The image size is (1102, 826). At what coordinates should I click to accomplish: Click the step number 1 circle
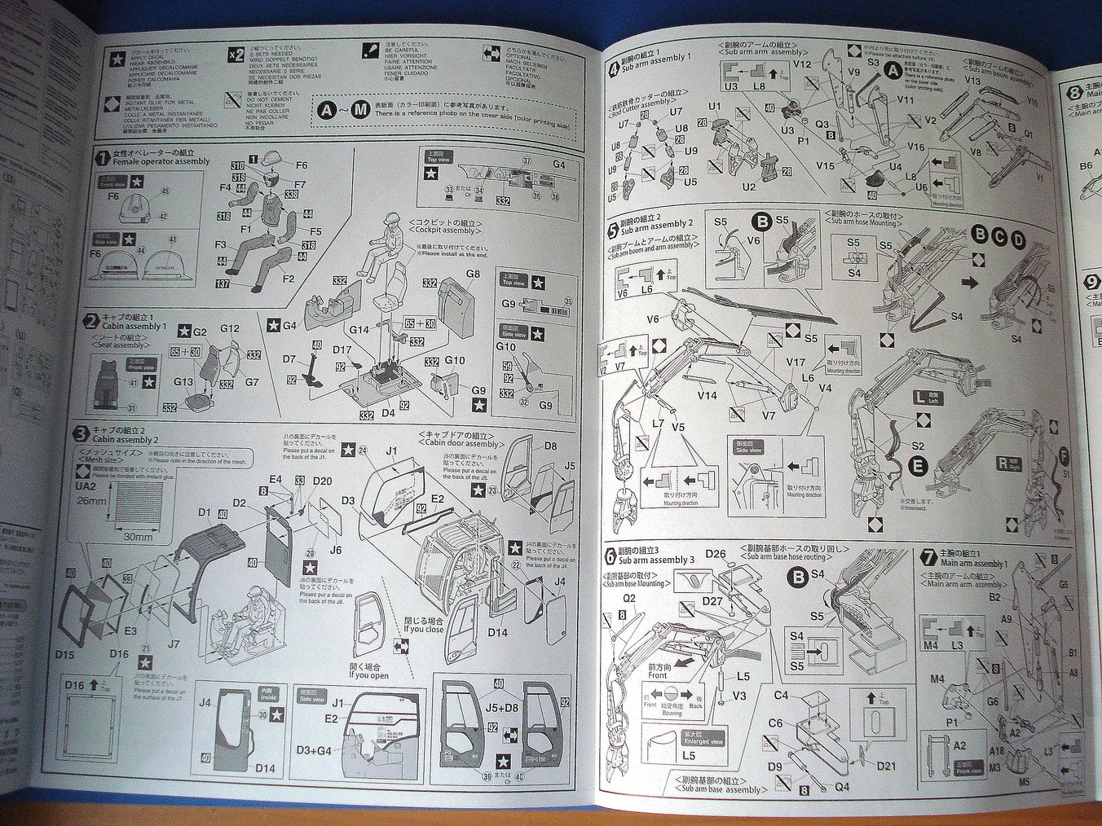[x=102, y=156]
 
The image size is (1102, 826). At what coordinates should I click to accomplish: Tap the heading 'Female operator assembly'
[x=161, y=162]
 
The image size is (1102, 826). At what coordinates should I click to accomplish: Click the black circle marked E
[x=919, y=466]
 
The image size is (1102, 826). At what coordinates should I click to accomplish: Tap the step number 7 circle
[x=928, y=557]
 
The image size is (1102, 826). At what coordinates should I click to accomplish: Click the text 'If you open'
[x=368, y=675]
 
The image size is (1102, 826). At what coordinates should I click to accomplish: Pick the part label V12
[x=801, y=64]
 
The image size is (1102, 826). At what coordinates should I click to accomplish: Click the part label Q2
[x=628, y=598]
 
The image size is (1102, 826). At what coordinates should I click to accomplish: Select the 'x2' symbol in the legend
[x=235, y=55]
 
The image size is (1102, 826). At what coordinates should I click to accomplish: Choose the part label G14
[x=360, y=330]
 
